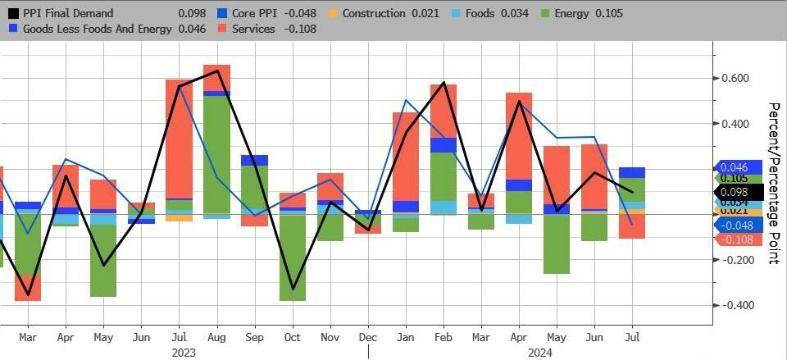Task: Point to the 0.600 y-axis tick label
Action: [x=736, y=79]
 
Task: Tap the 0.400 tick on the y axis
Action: [x=736, y=124]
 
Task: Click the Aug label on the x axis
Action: [x=216, y=336]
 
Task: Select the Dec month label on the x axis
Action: [x=368, y=336]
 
